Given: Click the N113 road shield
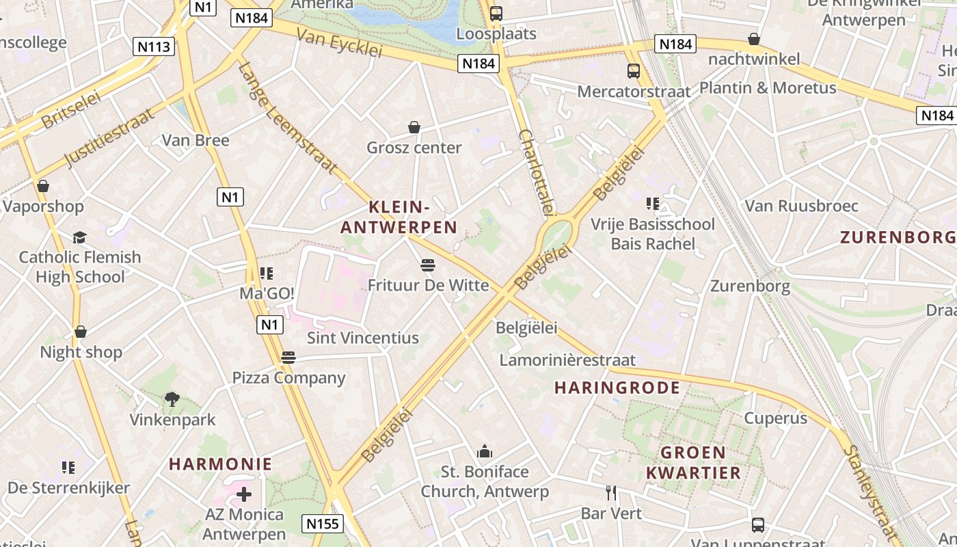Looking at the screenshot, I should coord(154,46).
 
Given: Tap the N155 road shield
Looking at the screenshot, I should coord(322,524).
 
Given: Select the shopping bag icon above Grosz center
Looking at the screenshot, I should coord(414,127).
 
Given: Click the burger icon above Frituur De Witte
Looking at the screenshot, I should coord(428,265).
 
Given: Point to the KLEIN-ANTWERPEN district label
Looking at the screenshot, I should coord(399,217).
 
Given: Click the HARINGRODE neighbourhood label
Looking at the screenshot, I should coord(617,388).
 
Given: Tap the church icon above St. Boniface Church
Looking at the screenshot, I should coord(485,451).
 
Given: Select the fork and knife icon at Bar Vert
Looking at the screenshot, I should coord(611,492).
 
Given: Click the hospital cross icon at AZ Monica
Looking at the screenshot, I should coord(243,494).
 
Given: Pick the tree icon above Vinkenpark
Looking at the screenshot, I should coord(172,399).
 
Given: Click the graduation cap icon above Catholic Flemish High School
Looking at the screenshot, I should coord(80,237).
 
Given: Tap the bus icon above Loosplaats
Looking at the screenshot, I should coord(496,13).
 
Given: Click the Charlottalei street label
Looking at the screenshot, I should coord(537,172).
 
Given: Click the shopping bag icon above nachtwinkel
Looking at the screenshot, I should coord(754,39).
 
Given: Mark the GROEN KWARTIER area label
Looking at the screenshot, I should coord(694,462).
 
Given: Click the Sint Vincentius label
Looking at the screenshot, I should coord(362,338).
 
